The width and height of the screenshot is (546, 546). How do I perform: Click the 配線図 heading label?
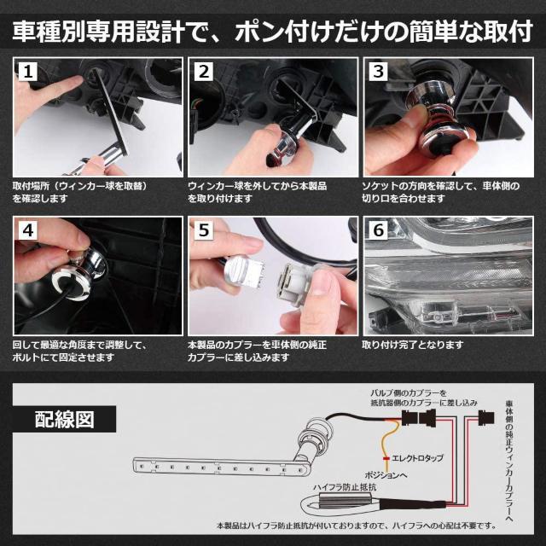64,419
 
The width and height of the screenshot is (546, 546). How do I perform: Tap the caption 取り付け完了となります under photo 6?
413,345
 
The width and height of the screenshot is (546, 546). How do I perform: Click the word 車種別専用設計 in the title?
85,33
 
